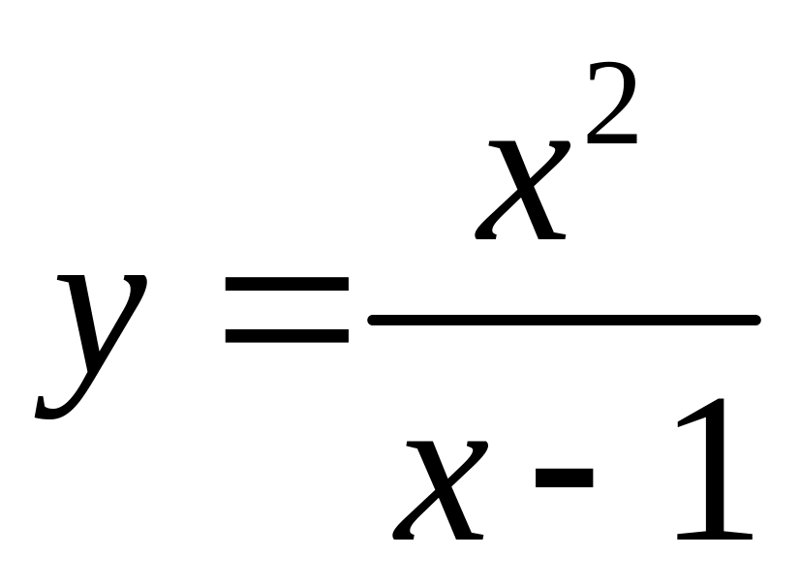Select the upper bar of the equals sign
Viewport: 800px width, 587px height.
coord(287,285)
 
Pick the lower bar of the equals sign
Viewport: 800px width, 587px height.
coord(287,336)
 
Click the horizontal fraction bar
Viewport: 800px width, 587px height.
coord(563,318)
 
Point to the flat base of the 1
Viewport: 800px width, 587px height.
coord(715,534)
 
